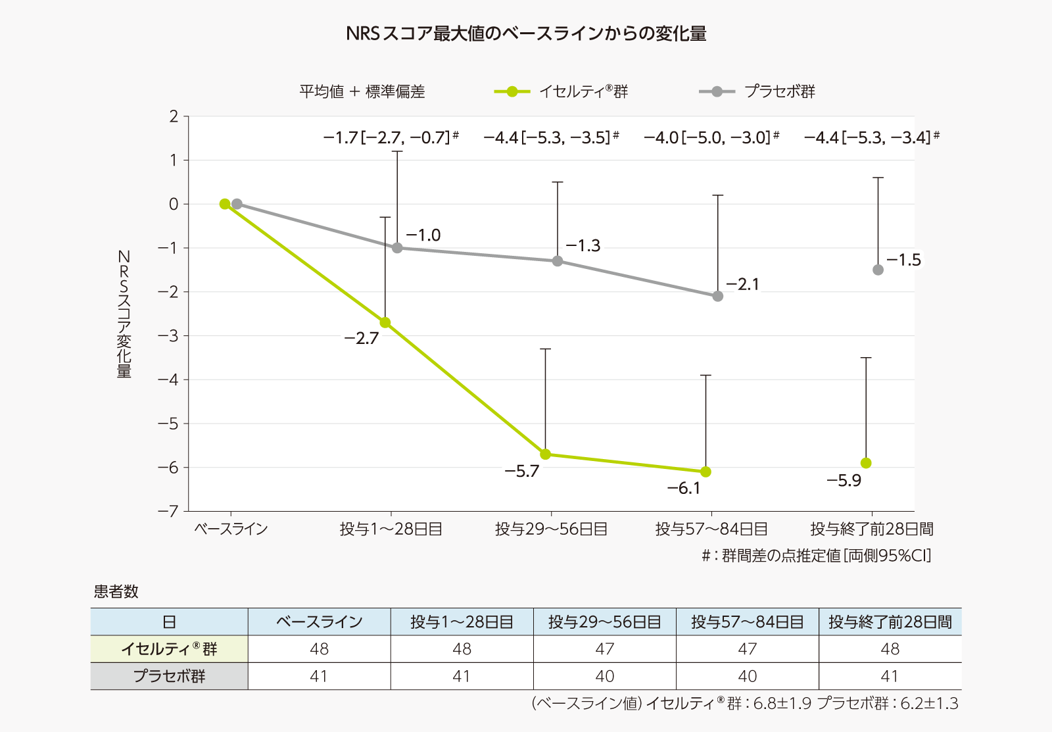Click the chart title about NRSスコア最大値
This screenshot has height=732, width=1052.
point(526,33)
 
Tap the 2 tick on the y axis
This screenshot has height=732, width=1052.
point(174,116)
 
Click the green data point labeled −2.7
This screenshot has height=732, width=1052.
point(385,322)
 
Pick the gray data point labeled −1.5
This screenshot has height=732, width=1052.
point(878,270)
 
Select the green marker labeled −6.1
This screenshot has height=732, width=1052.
point(705,472)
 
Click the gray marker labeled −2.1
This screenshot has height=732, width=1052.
point(717,296)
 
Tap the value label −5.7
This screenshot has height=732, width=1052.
point(521,471)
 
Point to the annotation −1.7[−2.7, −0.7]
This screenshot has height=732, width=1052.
point(390,137)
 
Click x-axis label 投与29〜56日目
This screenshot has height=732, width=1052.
point(551,529)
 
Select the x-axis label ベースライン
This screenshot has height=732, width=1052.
point(231,529)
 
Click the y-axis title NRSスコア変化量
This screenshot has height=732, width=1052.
point(124,314)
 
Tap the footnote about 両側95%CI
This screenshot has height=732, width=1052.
point(816,556)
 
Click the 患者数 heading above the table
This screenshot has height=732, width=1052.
point(116,591)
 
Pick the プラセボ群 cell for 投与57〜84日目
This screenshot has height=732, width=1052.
point(747,676)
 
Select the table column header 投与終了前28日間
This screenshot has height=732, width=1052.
point(890,622)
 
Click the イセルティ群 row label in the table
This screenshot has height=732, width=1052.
point(169,649)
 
